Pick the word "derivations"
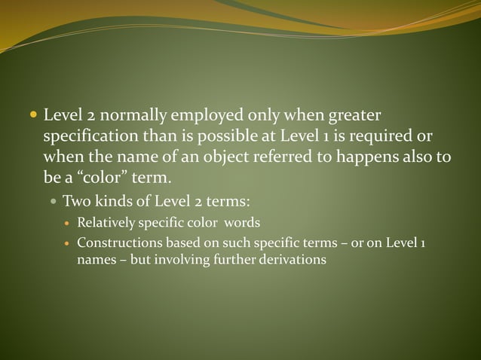(291, 259)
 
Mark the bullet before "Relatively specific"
(67, 223)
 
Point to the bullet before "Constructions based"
(67, 244)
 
